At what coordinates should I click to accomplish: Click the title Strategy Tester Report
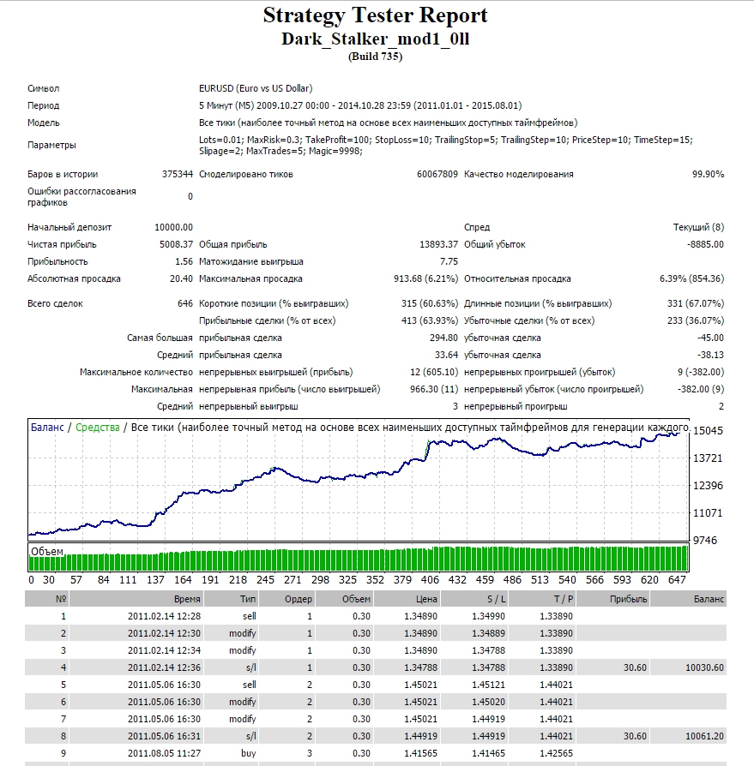(x=375, y=15)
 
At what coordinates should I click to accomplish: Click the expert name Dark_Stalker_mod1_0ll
(x=375, y=39)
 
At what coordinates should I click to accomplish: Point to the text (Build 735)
(x=375, y=57)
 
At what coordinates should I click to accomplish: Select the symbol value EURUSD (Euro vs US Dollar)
(x=256, y=88)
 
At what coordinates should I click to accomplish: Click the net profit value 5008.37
(x=176, y=244)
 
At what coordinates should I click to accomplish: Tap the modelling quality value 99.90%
(x=708, y=175)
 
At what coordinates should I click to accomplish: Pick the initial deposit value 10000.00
(x=173, y=227)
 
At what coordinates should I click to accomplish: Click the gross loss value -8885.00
(x=705, y=244)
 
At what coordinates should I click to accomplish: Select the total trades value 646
(x=185, y=303)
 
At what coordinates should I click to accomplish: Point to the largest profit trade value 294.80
(x=444, y=338)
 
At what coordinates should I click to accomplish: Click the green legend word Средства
(x=97, y=428)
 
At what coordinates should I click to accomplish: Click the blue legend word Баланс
(x=47, y=428)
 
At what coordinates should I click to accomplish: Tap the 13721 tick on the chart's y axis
(x=708, y=458)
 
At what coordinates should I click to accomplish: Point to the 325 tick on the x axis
(x=347, y=580)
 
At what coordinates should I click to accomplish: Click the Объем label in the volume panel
(x=47, y=552)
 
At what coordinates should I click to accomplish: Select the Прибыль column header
(x=628, y=599)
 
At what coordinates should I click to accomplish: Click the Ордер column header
(x=299, y=599)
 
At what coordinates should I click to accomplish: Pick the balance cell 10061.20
(x=704, y=736)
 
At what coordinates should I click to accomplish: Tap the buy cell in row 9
(x=249, y=753)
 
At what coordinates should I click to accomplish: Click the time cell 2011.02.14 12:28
(x=165, y=617)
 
